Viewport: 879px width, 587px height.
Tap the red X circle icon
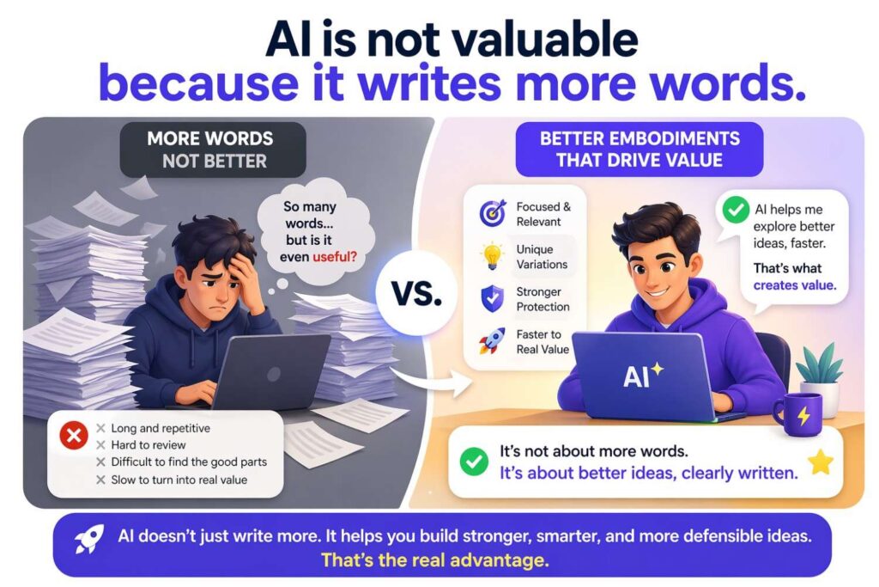pos(74,437)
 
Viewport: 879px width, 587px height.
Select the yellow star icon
pos(821,463)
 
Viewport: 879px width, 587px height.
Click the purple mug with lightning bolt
pos(798,415)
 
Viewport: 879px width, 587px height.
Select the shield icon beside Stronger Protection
pos(492,299)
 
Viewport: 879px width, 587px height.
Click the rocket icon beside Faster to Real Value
pos(492,340)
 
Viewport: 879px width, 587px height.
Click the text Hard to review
pos(148,445)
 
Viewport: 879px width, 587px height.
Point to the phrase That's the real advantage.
pos(434,560)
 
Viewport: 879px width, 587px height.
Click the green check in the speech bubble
pos(736,210)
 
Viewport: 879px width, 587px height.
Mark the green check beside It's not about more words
pos(473,462)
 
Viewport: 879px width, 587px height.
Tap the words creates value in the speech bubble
pos(793,285)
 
